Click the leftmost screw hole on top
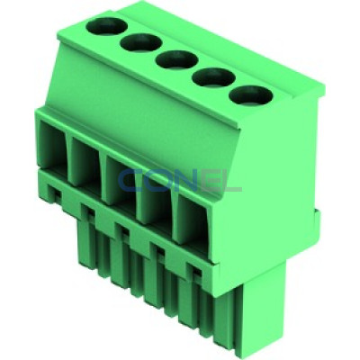[x=107, y=25]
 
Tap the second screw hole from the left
[x=141, y=42]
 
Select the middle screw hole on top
[x=176, y=59]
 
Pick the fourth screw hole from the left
[x=213, y=77]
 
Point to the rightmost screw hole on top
[x=251, y=95]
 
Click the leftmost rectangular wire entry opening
[x=52, y=146]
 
